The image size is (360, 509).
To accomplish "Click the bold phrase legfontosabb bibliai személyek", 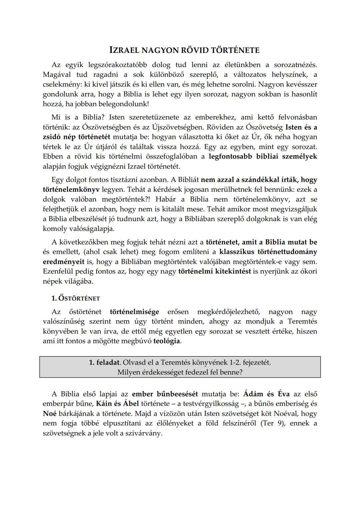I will [x=263, y=156].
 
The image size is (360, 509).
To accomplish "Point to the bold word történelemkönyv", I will [x=71, y=190].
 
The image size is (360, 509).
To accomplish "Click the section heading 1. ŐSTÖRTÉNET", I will [x=76, y=298].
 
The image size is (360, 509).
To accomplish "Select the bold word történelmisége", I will [x=134, y=312].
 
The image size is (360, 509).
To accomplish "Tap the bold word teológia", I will [x=167, y=341].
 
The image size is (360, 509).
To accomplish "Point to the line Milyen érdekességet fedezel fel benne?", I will [x=180, y=372].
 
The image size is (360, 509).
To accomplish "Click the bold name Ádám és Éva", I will [x=263, y=394].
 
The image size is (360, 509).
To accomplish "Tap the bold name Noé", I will [x=49, y=414].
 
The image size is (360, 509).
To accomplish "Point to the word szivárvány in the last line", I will [x=146, y=433].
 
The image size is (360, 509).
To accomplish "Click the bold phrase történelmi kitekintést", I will [x=215, y=271].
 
